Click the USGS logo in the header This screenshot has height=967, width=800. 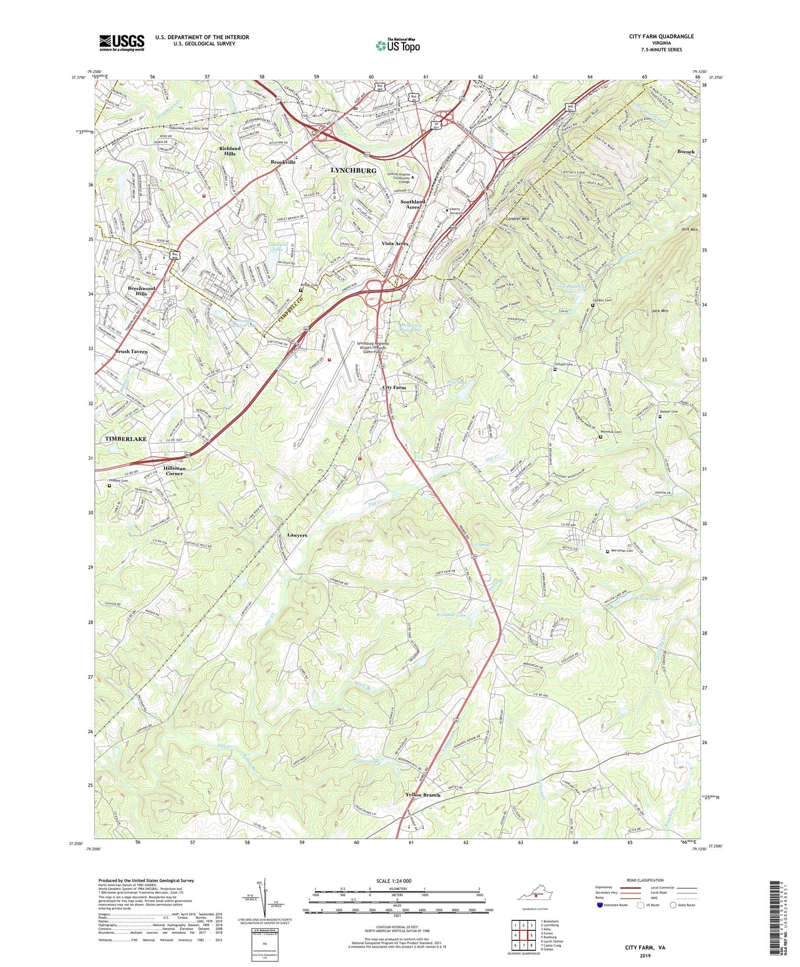coord(122,42)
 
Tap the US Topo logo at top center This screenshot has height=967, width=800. coord(397,45)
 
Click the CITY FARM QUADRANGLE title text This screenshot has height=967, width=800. coord(661,37)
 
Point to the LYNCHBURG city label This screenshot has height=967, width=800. coord(353,170)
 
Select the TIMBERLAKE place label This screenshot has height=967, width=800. coord(126,439)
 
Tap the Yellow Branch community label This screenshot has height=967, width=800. coord(422,795)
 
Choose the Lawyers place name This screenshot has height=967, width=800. coord(297,535)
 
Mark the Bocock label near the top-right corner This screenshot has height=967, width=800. coord(685,151)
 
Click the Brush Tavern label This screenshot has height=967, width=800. coord(131,352)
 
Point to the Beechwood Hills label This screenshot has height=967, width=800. coord(141,291)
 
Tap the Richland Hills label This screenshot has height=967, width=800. coord(230,151)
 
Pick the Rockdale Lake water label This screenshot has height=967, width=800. coord(452,615)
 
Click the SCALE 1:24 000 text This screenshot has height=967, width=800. coord(396,881)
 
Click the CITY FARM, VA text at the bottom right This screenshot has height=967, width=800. coord(645,948)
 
